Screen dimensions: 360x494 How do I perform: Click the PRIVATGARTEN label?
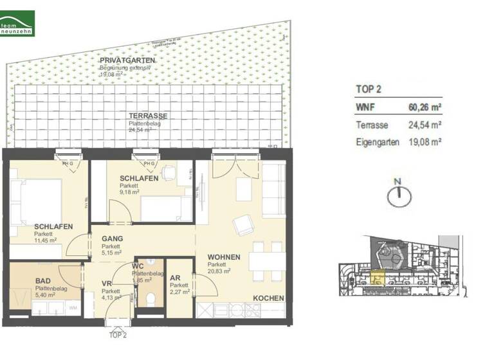click(x=127, y=60)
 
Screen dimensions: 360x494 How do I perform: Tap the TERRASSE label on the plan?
click(x=148, y=116)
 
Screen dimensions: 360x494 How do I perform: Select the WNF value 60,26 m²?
click(x=425, y=108)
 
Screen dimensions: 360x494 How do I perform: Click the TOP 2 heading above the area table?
click(x=370, y=89)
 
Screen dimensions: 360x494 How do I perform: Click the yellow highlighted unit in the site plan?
click(x=377, y=278)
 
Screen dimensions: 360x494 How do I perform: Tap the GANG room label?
click(x=112, y=238)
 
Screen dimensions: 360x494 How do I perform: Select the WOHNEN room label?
click(x=223, y=257)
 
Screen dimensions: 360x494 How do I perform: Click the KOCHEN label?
click(x=268, y=299)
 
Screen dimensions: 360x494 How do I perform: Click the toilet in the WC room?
click(x=150, y=300)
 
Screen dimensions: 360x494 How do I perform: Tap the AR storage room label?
click(x=175, y=278)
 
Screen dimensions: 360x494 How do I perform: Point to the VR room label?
click(x=107, y=283)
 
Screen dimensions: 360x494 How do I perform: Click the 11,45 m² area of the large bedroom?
click(x=46, y=240)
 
